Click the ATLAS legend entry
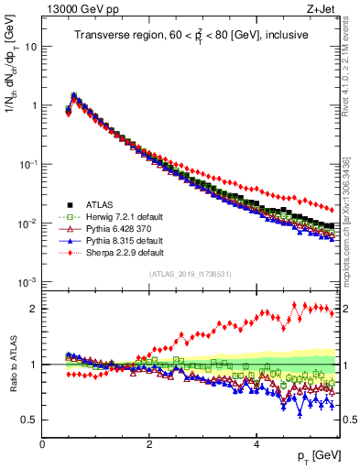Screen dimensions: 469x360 pyautogui.click(x=97, y=204)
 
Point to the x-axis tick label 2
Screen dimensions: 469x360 pyautogui.click(x=148, y=444)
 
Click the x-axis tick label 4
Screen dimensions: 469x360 pyautogui.click(x=256, y=444)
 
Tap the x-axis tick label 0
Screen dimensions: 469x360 pyautogui.click(x=42, y=444)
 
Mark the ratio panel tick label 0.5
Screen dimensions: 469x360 pyautogui.click(x=27, y=420)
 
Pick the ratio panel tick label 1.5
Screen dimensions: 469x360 pyautogui.click(x=27, y=336)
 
